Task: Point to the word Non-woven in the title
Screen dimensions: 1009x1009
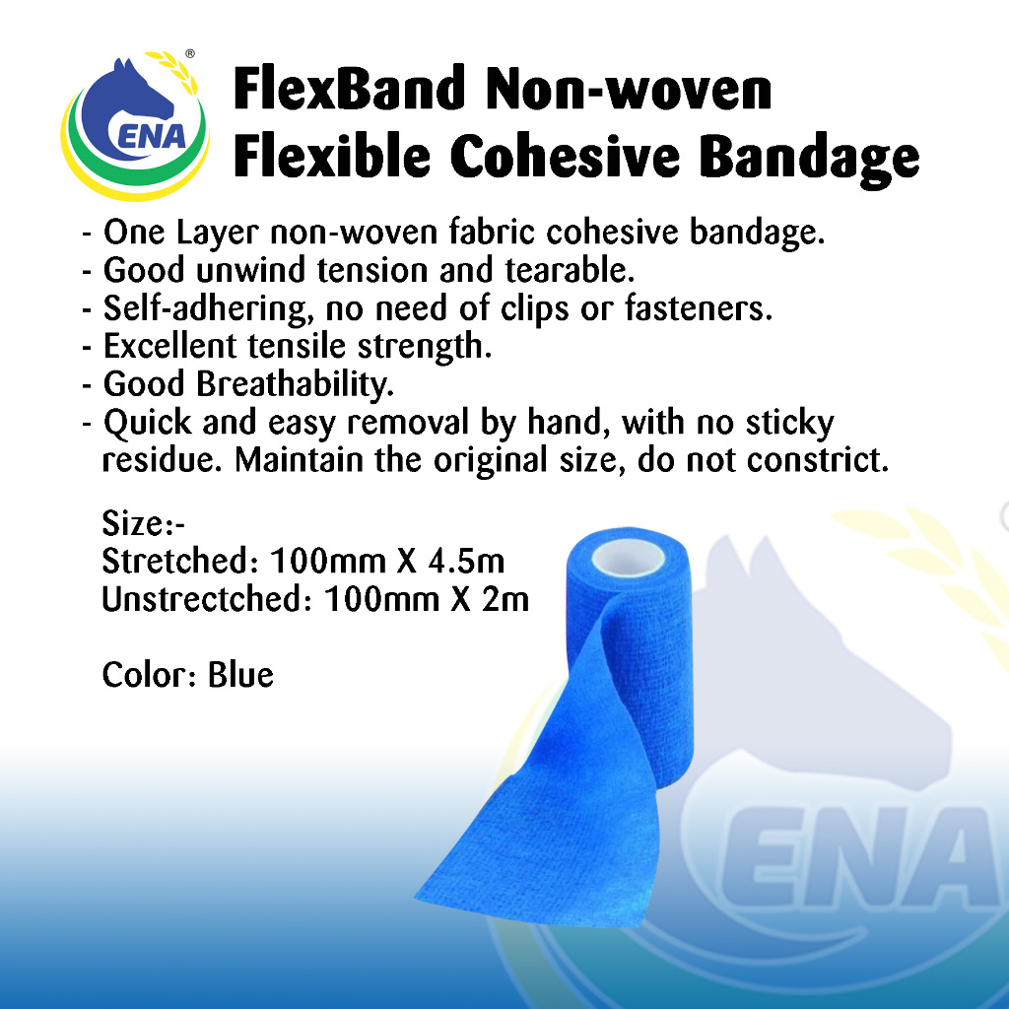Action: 630,91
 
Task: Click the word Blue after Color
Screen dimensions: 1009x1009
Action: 240,675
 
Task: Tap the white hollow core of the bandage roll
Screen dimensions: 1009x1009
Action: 622,557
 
